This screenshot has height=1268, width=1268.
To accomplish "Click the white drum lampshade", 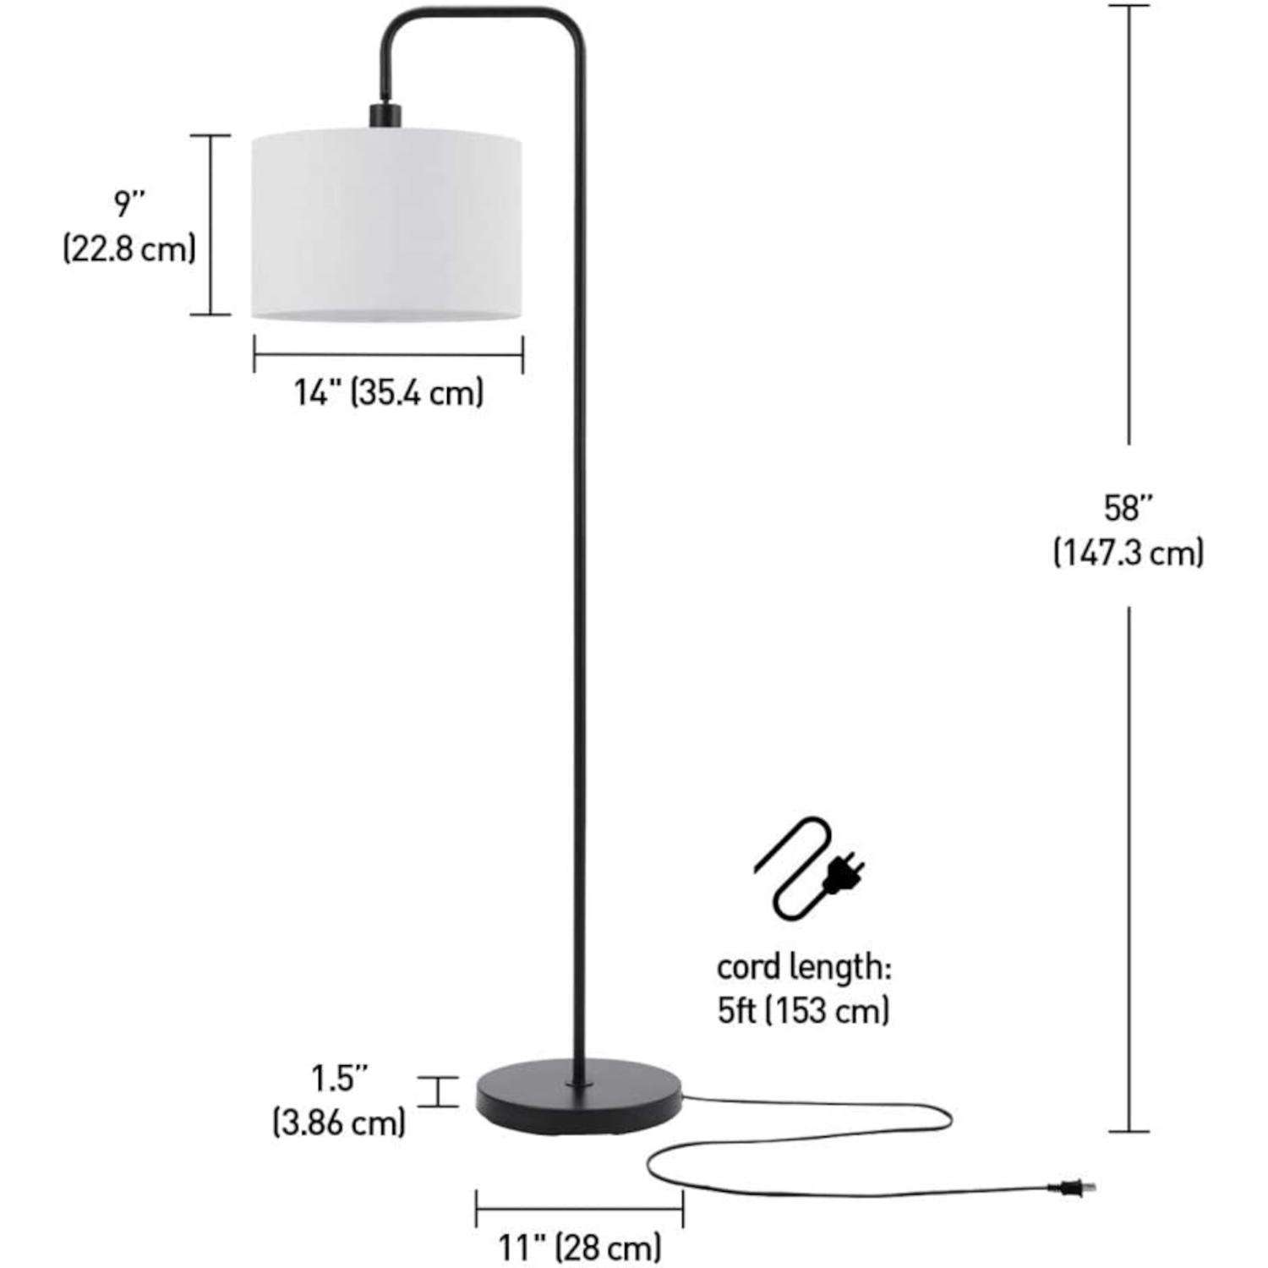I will point(386,225).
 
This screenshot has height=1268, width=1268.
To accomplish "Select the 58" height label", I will point(1129,508).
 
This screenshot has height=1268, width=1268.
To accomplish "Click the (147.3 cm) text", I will point(1129,553).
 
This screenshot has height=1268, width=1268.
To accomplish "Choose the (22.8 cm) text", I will point(129,249).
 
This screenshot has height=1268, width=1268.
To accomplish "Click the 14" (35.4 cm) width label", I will point(389,393).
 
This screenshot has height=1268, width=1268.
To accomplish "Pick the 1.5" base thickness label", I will point(340,1078).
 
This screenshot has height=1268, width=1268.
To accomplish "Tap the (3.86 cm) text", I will point(339,1123).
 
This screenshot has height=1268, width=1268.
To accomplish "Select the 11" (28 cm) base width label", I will point(579,1247).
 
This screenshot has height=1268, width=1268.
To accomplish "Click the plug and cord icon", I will point(809,869).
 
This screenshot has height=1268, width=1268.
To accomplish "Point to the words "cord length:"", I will point(804,967).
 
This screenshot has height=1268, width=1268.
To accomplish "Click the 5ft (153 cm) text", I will point(804,1011).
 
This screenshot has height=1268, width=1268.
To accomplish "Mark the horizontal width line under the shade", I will point(389,353).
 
